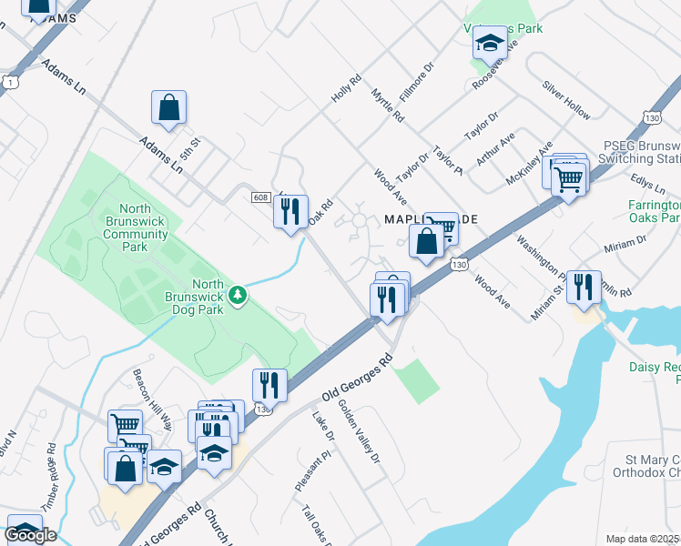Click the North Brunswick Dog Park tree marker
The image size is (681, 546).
238,295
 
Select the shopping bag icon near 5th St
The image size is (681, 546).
169,107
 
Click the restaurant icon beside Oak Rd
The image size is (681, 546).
290,212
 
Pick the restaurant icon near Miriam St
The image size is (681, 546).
584,287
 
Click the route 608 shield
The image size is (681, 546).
260,197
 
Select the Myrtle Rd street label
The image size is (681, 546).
388,106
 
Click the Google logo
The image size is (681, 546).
30,535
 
